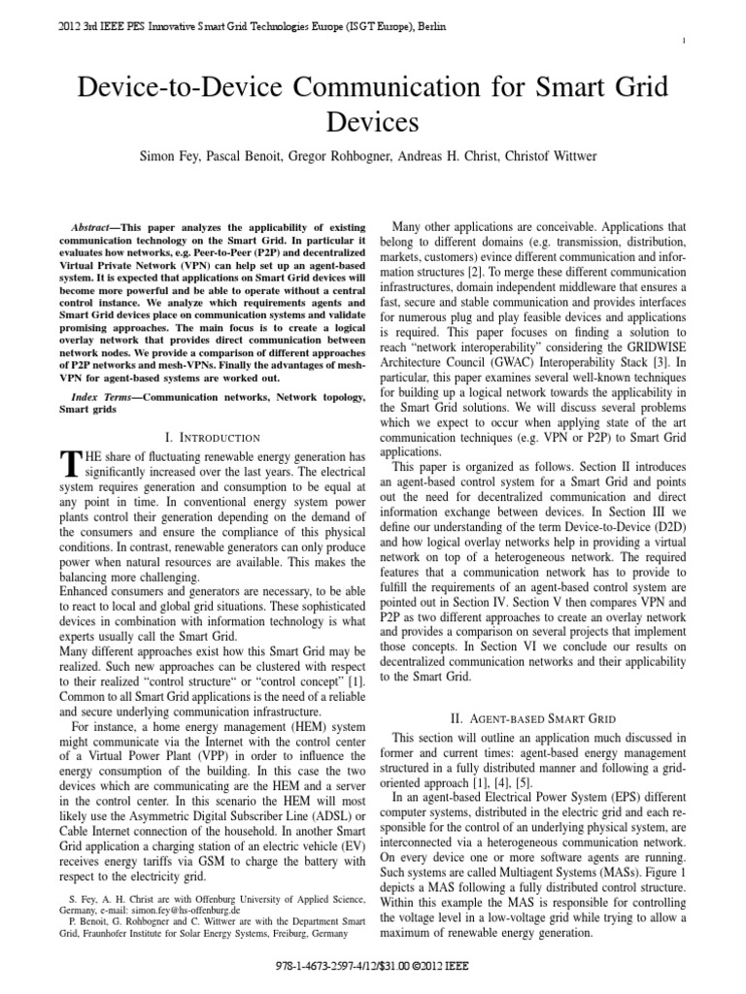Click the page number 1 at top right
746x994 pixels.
tap(713, 40)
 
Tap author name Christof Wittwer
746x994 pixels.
tap(558, 156)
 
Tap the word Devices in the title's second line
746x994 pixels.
tap(372, 122)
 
